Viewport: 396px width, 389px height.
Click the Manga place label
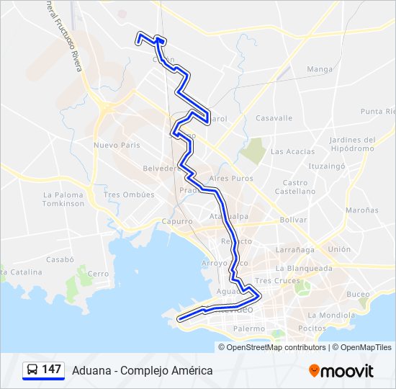[x=320, y=69]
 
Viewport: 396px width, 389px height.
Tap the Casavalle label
[x=274, y=117]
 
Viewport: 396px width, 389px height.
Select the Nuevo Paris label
[x=116, y=145]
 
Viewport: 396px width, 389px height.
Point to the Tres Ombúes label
[x=129, y=194]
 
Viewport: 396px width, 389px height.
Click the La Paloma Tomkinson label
[x=63, y=199]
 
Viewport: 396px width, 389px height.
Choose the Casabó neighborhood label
[x=60, y=259]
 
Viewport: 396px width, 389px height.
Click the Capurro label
[x=177, y=221]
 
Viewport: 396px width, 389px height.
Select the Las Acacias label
[x=292, y=151]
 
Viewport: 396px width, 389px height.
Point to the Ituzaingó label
[x=323, y=165]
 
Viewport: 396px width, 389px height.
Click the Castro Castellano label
[x=295, y=187]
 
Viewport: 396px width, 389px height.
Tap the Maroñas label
[x=361, y=210]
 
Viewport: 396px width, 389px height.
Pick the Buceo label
[x=358, y=294]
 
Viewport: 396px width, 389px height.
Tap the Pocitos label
[x=312, y=327]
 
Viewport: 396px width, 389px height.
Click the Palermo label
[x=249, y=328]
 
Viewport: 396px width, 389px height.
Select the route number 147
[x=51, y=370]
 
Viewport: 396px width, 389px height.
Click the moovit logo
[x=341, y=371]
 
